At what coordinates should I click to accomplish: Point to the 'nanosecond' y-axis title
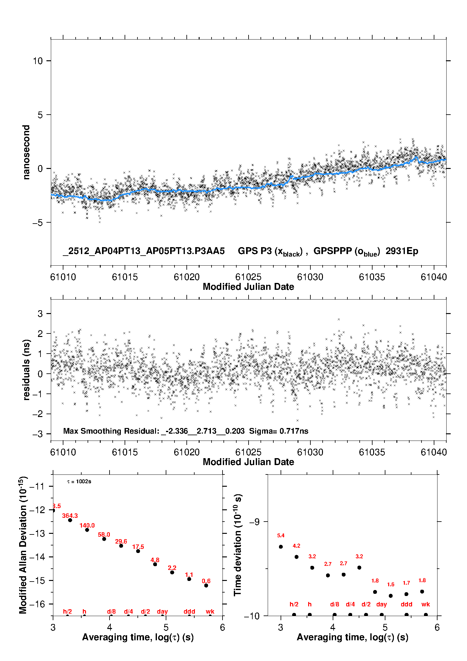(26, 152)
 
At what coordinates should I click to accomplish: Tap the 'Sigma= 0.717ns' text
(279, 431)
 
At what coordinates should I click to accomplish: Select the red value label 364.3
(70, 516)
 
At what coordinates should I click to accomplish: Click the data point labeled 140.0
(87, 530)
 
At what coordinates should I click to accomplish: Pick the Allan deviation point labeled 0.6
(206, 585)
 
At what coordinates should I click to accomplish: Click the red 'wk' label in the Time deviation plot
(426, 604)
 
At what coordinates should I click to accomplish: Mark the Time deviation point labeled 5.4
(281, 547)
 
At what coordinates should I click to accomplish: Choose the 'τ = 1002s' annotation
(79, 482)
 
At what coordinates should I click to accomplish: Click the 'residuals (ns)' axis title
(26, 370)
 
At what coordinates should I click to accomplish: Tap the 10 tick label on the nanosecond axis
(38, 61)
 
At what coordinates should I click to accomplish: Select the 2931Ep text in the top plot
(402, 251)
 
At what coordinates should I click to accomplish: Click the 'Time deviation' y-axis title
(238, 545)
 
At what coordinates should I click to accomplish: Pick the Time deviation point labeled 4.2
(297, 557)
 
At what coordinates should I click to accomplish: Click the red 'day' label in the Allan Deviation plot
(162, 611)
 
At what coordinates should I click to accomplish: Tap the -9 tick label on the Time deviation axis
(254, 522)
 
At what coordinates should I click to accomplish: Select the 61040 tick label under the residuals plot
(434, 452)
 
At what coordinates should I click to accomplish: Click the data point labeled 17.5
(138, 551)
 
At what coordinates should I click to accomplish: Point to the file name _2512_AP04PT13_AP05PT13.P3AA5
(144, 251)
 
